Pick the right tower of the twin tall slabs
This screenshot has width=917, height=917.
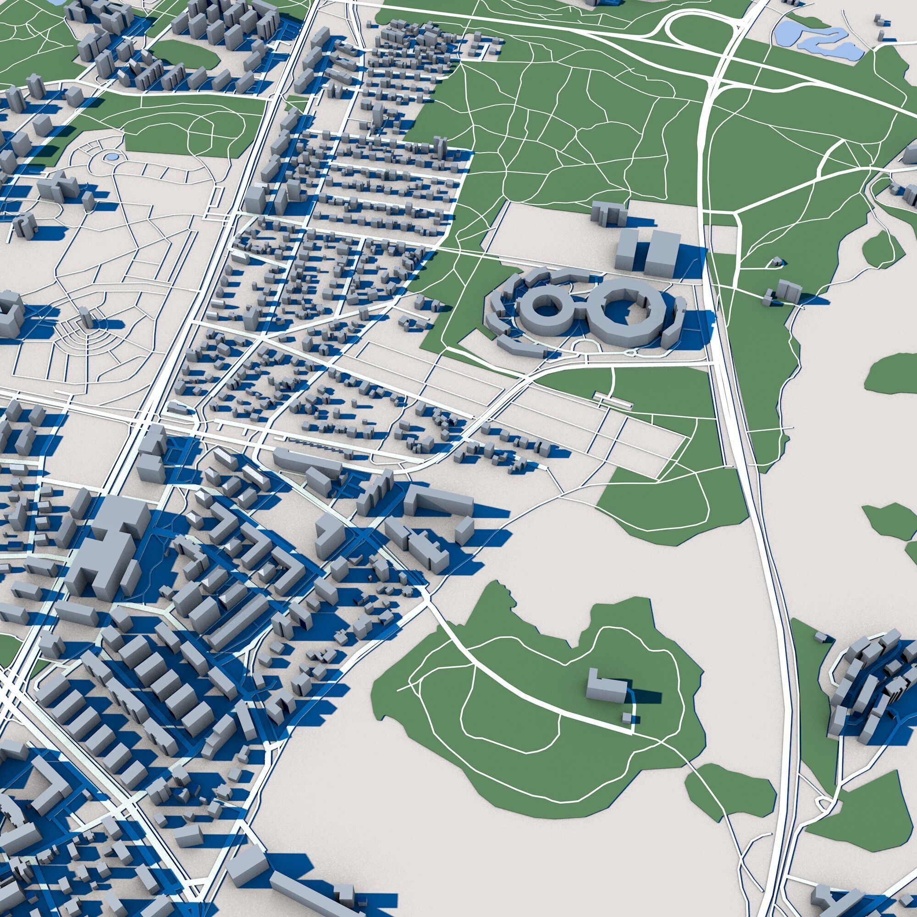[661, 254]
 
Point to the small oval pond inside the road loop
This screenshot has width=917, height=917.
[111, 156]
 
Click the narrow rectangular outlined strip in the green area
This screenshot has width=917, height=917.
[613, 400]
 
